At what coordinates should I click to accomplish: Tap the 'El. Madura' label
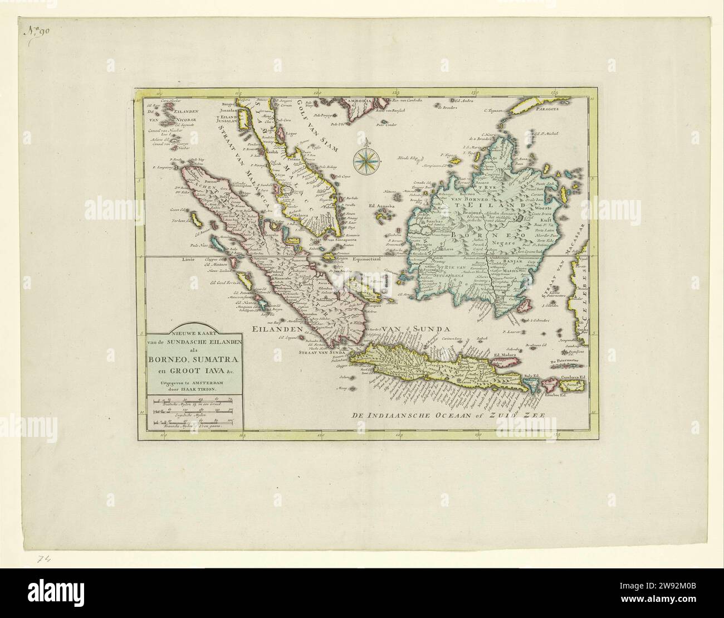click(506, 354)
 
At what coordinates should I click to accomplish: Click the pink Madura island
click(504, 363)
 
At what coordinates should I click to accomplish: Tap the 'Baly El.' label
click(535, 377)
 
